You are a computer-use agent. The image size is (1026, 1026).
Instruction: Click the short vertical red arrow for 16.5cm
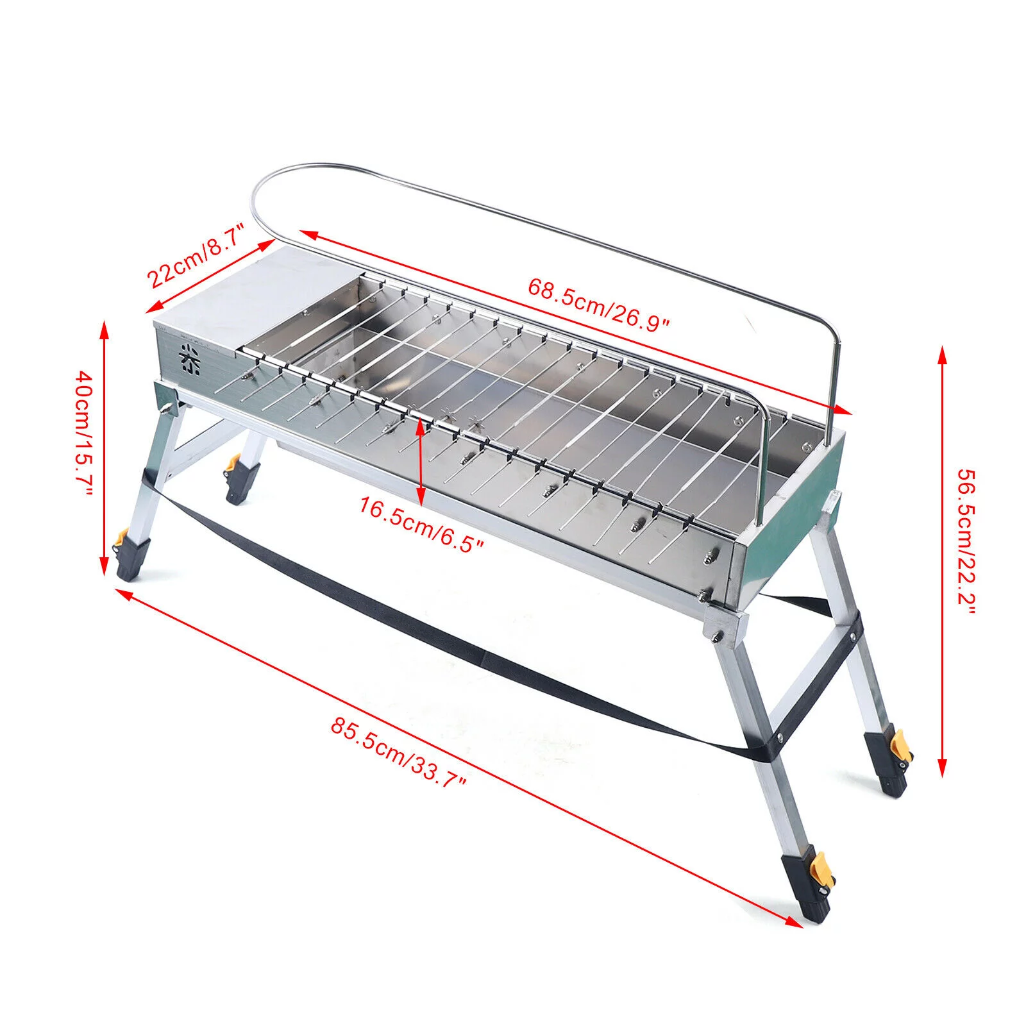[x=420, y=458]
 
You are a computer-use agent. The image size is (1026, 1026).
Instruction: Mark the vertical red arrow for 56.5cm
[x=942, y=561]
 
